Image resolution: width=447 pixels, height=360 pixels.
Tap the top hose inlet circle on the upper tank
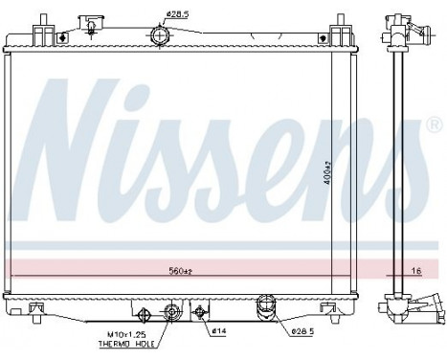160,35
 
